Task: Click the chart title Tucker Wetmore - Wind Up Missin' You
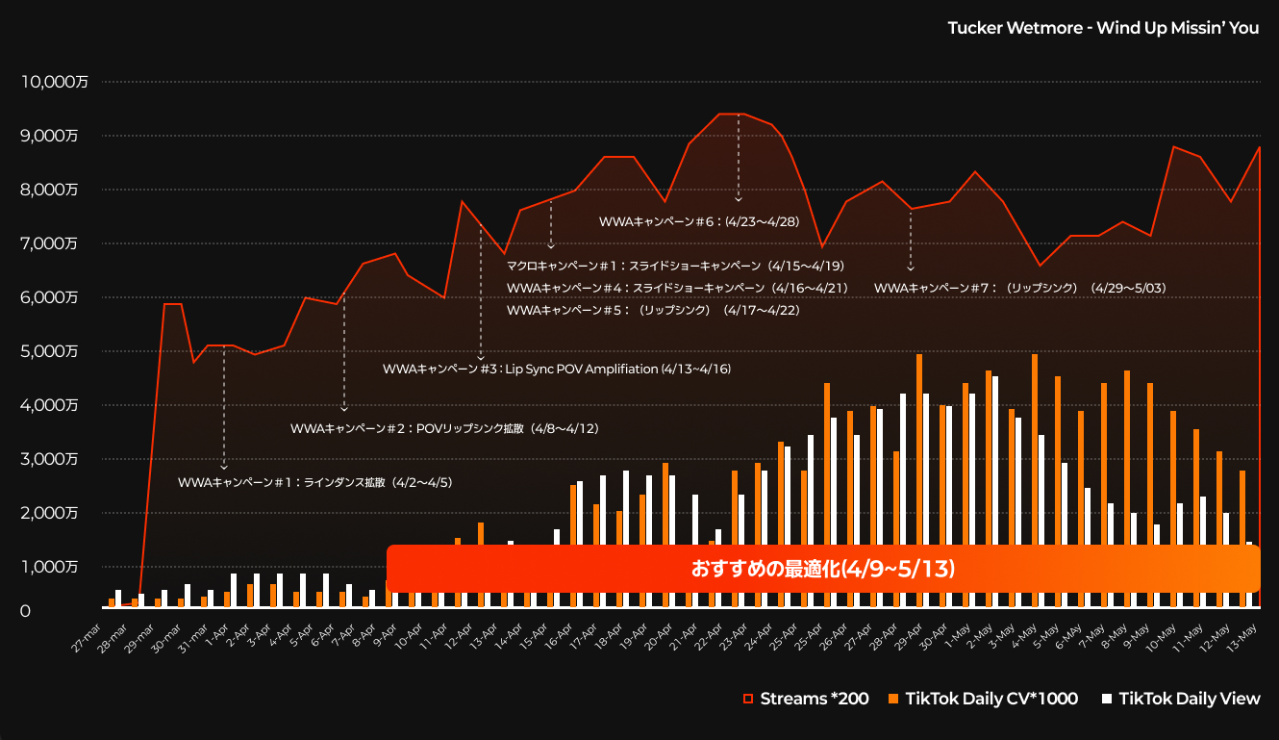[x=1103, y=28]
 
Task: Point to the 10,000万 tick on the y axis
[x=55, y=82]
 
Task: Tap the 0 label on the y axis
[x=25, y=610]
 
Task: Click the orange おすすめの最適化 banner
[x=822, y=569]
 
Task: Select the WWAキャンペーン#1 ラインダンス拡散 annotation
[x=314, y=482]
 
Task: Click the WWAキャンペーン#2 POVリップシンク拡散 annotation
[x=444, y=428]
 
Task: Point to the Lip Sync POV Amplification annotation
[x=557, y=369]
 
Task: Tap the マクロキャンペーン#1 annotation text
[x=674, y=266]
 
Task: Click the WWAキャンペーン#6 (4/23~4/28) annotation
[x=699, y=221]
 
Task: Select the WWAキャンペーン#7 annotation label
[x=1019, y=288]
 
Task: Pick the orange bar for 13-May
[x=1242, y=539]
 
